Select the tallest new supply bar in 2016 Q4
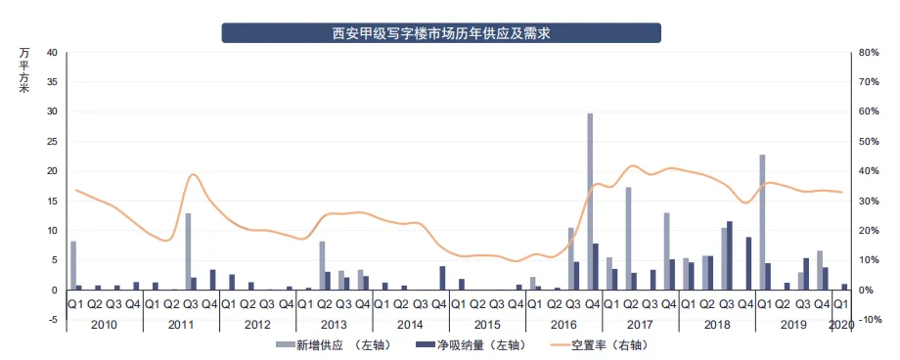[x=591, y=202]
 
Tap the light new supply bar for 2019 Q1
[x=762, y=222]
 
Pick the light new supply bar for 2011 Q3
[x=188, y=251]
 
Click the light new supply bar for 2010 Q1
[x=73, y=265]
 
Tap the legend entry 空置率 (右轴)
[x=607, y=344]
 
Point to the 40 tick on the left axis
[x=52, y=52]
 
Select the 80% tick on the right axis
[x=870, y=52]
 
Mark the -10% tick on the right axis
[x=870, y=320]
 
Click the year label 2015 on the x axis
[x=487, y=324]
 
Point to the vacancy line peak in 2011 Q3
[x=193, y=175]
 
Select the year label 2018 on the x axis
[x=717, y=324]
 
